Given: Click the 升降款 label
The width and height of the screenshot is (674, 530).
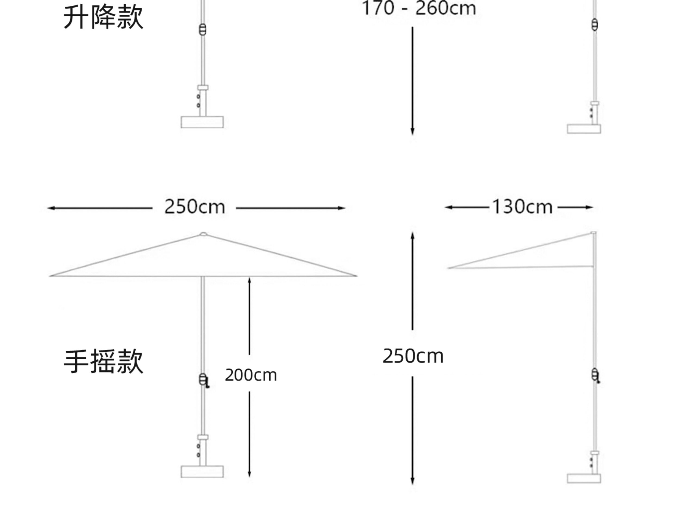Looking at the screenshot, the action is [x=103, y=17].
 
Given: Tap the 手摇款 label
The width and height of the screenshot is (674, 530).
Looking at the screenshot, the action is [x=103, y=362].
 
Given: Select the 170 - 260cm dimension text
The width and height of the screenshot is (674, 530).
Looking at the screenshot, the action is [x=419, y=8].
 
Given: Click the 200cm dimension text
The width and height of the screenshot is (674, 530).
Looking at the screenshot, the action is [x=251, y=375].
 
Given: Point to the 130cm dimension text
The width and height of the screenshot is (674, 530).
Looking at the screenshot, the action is [x=522, y=207].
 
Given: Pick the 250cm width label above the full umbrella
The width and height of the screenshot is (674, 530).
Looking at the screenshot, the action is [x=195, y=207].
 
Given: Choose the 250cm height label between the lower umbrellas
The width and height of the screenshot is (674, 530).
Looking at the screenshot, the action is [x=413, y=356].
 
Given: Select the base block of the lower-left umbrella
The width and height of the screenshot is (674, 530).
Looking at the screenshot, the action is [x=202, y=471].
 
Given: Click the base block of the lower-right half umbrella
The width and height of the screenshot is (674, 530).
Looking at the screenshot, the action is [x=584, y=478].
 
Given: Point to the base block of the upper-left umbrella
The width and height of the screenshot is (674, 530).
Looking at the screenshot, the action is [x=202, y=122].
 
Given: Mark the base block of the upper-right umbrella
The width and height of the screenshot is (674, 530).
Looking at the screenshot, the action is [x=584, y=129].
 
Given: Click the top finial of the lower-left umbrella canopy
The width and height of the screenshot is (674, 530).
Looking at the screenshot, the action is [x=203, y=234].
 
